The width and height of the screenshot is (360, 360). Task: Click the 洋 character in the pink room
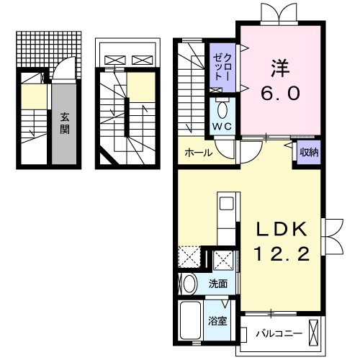[x=280, y=68]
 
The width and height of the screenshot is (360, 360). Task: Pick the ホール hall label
[x=198, y=153]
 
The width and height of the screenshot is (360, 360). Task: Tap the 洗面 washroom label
[x=218, y=284]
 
